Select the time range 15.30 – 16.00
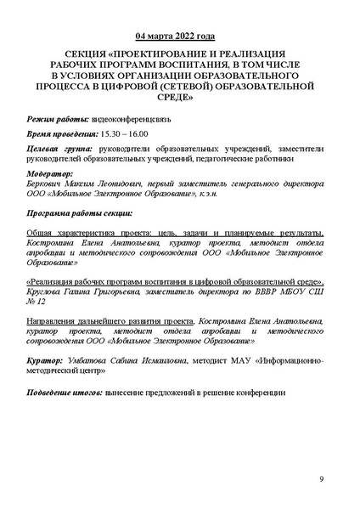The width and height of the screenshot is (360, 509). (125, 134)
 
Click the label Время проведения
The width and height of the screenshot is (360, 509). (65, 134)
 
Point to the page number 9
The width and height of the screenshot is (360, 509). (322, 479)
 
